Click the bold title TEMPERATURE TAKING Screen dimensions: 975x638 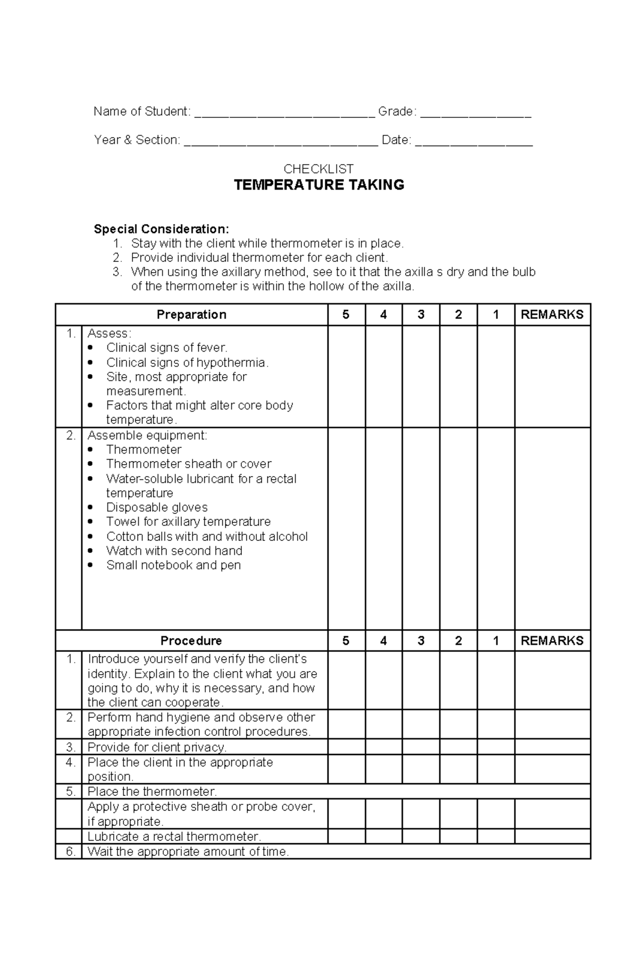[319, 185]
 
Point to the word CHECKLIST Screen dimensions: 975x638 [318, 169]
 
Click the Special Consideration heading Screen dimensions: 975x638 [162, 229]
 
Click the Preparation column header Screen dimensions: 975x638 [191, 315]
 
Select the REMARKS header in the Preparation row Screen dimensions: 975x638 [552, 315]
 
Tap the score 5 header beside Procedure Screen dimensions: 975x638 [346, 641]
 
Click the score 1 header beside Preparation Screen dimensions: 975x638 [496, 315]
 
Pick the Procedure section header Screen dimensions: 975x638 [191, 641]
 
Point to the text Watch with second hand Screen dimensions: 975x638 [174, 550]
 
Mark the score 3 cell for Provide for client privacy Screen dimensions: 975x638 [421, 747]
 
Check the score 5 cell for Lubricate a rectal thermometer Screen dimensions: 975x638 [346, 836]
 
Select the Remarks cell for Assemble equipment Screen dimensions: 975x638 [552, 529]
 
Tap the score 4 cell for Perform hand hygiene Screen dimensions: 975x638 [383, 724]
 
